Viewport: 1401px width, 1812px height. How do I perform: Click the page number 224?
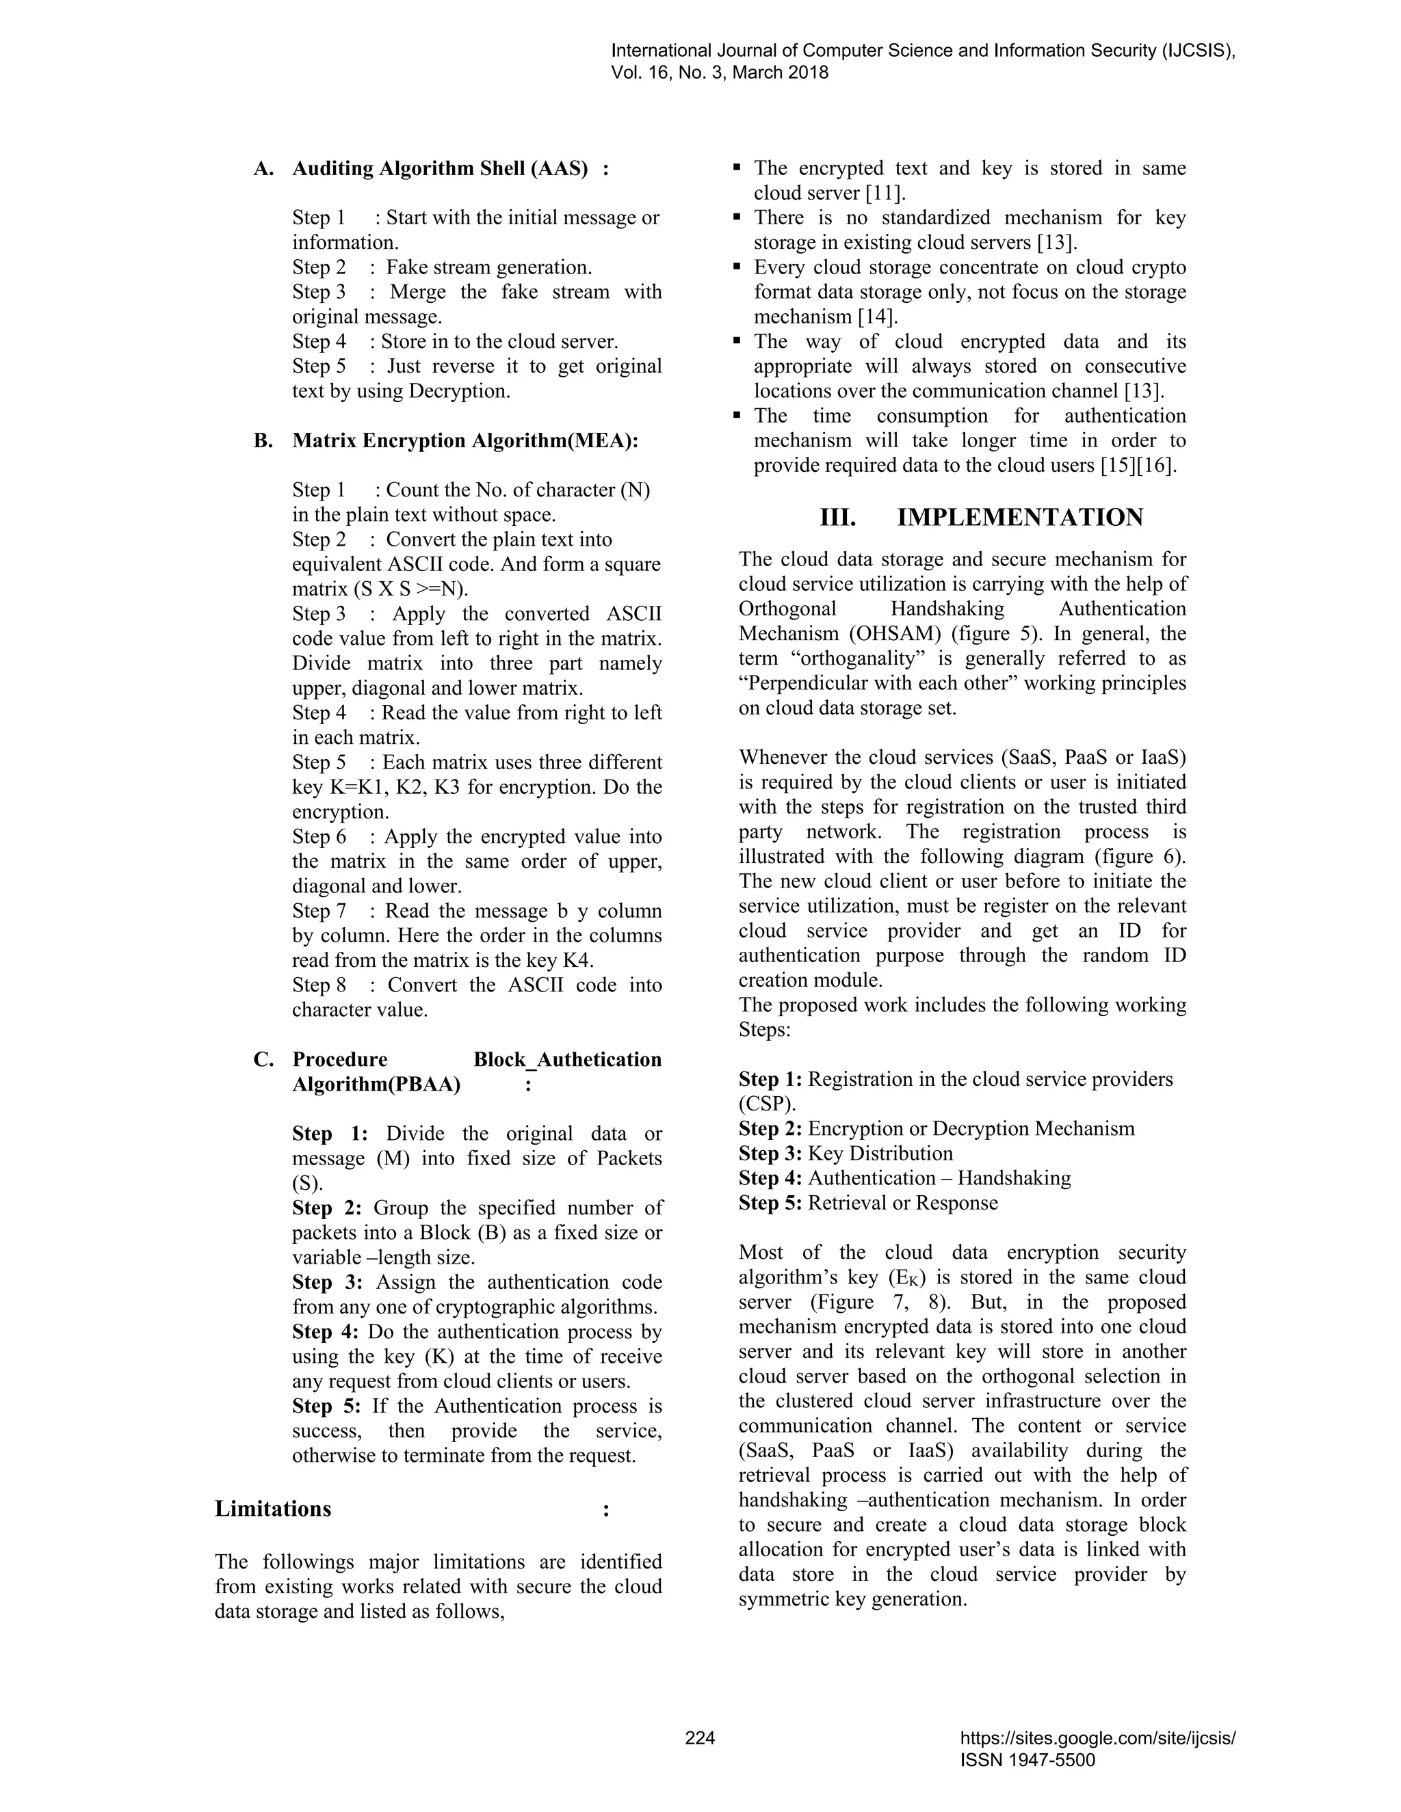(700, 1738)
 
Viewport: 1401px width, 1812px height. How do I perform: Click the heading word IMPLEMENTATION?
(1020, 518)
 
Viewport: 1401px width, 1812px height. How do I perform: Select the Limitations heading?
(273, 1509)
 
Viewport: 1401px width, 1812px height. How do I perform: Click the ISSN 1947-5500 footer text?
(1027, 1760)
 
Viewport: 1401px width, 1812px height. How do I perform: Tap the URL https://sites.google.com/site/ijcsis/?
(1097, 1738)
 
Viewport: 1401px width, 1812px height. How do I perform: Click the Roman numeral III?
(837, 518)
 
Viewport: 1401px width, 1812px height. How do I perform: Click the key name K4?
(577, 961)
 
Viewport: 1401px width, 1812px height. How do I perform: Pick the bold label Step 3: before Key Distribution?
(770, 1154)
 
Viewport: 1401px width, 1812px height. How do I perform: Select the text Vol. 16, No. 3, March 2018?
(720, 73)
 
